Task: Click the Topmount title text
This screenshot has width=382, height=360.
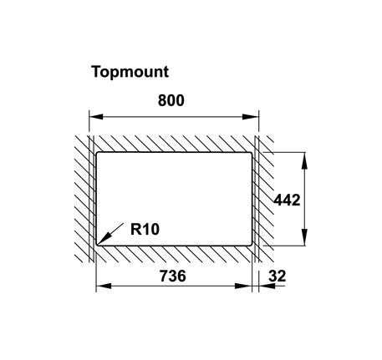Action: pyautogui.click(x=130, y=73)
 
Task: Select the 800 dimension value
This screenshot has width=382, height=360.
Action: pyautogui.click(x=171, y=100)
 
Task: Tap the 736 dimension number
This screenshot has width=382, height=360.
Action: pyautogui.click(x=172, y=276)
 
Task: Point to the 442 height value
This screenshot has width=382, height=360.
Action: pyautogui.click(x=288, y=200)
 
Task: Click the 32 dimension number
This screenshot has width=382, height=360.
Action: pyautogui.click(x=278, y=276)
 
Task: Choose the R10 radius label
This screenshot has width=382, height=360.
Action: pyautogui.click(x=145, y=230)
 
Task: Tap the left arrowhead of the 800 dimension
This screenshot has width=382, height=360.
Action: pyautogui.click(x=96, y=117)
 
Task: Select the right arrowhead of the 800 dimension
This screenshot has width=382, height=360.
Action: pyautogui.click(x=251, y=117)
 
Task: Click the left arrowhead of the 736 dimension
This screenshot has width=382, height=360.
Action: pyautogui.click(x=104, y=286)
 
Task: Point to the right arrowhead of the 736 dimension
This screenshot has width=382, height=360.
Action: pyautogui.click(x=243, y=286)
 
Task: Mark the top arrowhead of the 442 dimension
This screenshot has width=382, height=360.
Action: pyautogui.click(x=305, y=161)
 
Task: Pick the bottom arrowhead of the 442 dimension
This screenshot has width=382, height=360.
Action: pyautogui.click(x=305, y=237)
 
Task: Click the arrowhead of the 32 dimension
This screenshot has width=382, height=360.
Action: pyautogui.click(x=267, y=286)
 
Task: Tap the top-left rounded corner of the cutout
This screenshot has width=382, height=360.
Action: pyautogui.click(x=98, y=154)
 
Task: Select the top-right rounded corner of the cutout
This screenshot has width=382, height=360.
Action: pyautogui.click(x=251, y=154)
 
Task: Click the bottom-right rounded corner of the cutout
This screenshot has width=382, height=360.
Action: pyautogui.click(x=251, y=244)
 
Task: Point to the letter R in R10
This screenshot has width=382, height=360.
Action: pyautogui.click(x=135, y=230)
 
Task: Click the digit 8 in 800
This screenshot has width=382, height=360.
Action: pyautogui.click(x=162, y=100)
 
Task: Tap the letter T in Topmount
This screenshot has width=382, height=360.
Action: pyautogui.click(x=96, y=72)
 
